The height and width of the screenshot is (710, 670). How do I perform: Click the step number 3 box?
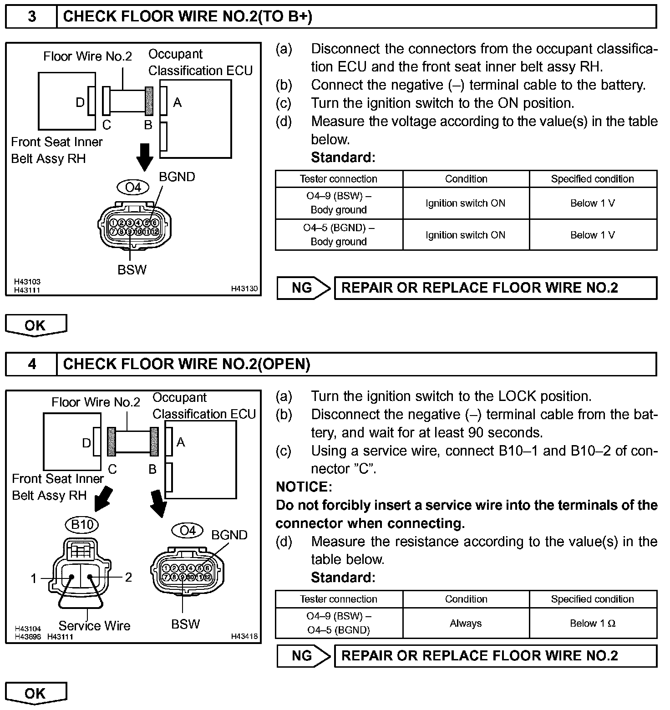(31, 17)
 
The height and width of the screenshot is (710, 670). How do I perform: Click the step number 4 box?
(31, 364)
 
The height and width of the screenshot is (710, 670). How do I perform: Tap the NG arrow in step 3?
(304, 288)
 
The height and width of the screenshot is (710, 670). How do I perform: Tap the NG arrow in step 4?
(304, 656)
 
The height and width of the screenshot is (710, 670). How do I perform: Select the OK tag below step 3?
(36, 325)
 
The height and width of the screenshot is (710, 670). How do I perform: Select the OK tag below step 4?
(36, 693)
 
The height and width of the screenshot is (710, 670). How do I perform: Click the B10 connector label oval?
(82, 525)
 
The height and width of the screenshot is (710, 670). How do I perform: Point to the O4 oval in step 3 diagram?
(133, 187)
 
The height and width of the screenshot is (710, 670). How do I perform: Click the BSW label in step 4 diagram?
(185, 624)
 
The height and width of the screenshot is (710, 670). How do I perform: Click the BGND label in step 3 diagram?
(177, 177)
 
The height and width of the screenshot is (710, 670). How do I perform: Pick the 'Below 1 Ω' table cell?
(593, 624)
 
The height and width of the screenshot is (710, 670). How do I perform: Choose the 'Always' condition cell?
(466, 624)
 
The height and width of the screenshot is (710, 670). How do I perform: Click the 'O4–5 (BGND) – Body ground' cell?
(339, 235)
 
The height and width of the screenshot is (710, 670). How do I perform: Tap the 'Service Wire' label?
(94, 626)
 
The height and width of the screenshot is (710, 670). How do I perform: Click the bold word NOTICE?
(304, 487)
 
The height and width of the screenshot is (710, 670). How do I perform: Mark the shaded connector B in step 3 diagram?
(149, 101)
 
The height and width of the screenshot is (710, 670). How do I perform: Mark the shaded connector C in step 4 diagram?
(112, 441)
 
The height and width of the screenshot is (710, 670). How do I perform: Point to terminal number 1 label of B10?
(33, 578)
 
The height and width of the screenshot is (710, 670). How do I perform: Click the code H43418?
(244, 636)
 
